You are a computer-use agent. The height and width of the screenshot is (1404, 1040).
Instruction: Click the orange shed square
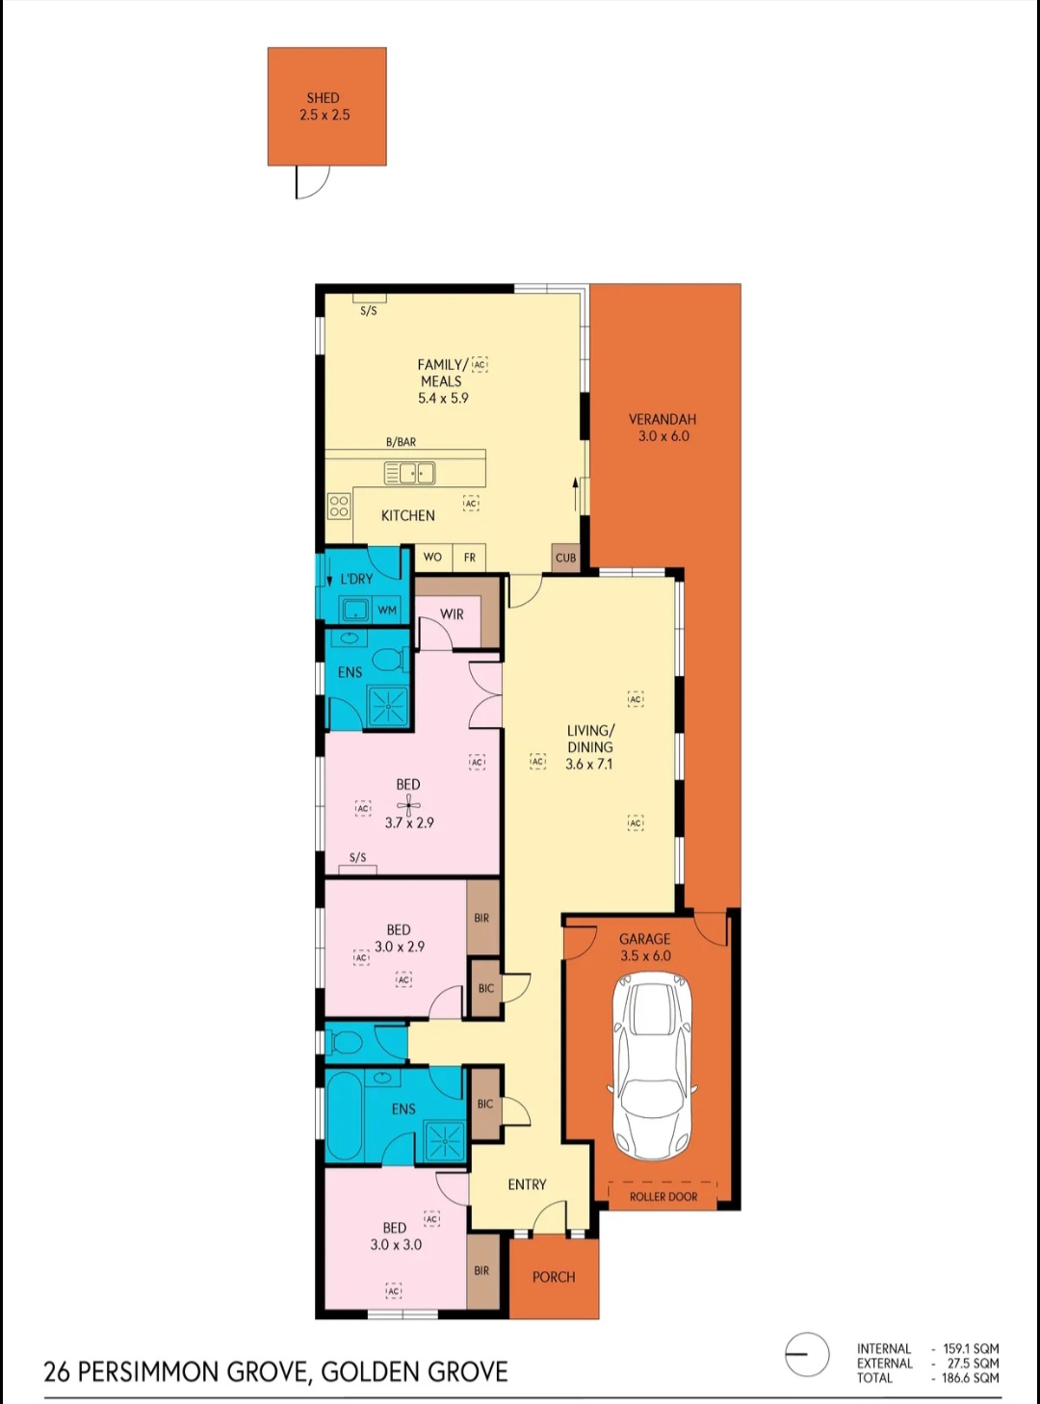click(x=326, y=106)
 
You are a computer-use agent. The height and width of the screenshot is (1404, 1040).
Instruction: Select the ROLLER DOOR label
click(x=663, y=1196)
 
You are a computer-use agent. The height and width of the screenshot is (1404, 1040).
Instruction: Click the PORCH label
click(x=554, y=1277)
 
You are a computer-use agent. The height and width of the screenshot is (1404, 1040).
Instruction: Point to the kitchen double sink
click(x=409, y=473)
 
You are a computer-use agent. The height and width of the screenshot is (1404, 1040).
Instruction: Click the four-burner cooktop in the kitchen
click(x=339, y=506)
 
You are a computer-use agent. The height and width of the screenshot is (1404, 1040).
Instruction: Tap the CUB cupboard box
click(x=565, y=558)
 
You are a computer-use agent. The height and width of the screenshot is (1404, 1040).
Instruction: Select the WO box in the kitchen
click(x=433, y=557)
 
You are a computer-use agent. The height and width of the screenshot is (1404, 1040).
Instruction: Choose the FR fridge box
click(x=469, y=557)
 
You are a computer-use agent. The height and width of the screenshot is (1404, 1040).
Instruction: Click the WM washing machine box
click(x=387, y=611)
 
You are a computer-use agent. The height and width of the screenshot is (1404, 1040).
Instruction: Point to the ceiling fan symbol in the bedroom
click(x=408, y=805)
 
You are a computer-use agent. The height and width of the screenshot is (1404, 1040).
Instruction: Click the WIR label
click(x=452, y=614)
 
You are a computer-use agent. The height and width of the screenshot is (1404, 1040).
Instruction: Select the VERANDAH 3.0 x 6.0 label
click(x=663, y=428)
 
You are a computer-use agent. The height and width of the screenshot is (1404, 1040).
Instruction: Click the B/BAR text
click(x=401, y=442)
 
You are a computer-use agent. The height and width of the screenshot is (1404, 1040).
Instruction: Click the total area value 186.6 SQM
click(x=971, y=1377)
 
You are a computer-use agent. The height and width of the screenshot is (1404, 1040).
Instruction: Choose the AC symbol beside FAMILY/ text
click(x=480, y=365)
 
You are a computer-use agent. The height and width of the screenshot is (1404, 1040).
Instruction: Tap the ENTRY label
click(x=527, y=1184)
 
